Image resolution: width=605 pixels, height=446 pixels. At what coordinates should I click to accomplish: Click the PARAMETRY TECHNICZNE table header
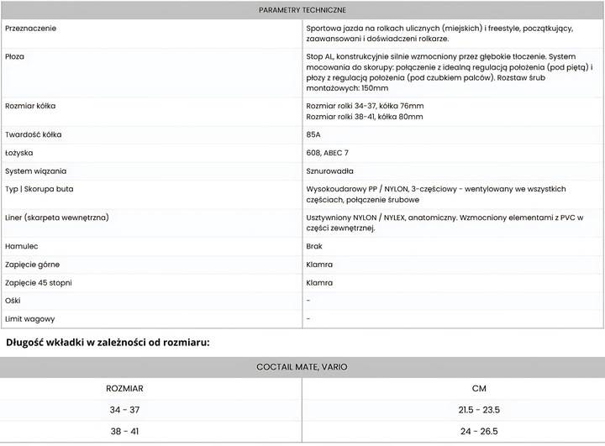(302, 10)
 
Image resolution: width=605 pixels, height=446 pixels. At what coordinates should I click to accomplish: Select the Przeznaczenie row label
(32, 29)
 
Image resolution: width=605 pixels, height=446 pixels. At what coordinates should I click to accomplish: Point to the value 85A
(313, 134)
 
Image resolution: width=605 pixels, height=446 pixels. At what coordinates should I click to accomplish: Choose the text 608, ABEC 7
(328, 153)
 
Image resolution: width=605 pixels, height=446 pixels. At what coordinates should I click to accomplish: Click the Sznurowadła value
(329, 171)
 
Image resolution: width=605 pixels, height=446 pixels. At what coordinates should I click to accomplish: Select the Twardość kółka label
(33, 134)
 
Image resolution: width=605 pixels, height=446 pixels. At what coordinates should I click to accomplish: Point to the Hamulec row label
(22, 247)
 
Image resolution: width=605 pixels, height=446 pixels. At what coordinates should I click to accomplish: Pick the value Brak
(314, 247)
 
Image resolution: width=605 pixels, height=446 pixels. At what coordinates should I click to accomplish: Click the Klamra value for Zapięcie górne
(319, 265)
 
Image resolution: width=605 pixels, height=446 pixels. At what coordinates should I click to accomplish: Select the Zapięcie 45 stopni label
(39, 283)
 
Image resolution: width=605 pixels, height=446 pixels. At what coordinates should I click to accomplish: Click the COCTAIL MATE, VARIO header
(302, 367)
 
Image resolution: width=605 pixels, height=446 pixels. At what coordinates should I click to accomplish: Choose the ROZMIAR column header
(124, 389)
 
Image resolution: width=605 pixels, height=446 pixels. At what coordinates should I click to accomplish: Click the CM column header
(479, 389)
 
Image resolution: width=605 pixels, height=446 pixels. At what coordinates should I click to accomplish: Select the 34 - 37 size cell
(124, 410)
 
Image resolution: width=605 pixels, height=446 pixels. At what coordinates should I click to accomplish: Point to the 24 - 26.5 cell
(479, 432)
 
